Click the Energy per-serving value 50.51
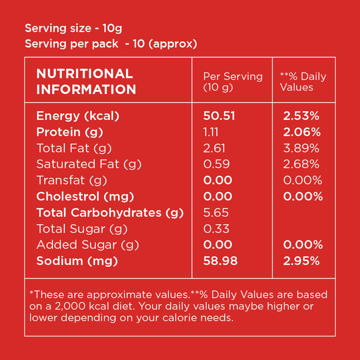pos(219,116)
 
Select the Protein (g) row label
pos(70,132)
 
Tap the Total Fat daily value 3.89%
pos(301,148)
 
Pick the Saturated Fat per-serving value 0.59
pos(216,164)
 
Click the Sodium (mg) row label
pos(77,261)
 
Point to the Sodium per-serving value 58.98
pos(220,261)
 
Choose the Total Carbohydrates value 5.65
pos(216,213)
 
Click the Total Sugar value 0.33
pos(216,229)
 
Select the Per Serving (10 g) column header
pos(233,82)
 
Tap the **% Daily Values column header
pos(303,82)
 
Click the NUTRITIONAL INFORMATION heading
pos(86,81)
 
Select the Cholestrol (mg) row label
pos(85,197)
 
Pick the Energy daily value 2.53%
pos(301,116)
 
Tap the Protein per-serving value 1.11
pos(211,132)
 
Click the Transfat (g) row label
pos(72,180)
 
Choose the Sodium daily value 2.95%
pos(301,261)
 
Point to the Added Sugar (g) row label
pos(87,245)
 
